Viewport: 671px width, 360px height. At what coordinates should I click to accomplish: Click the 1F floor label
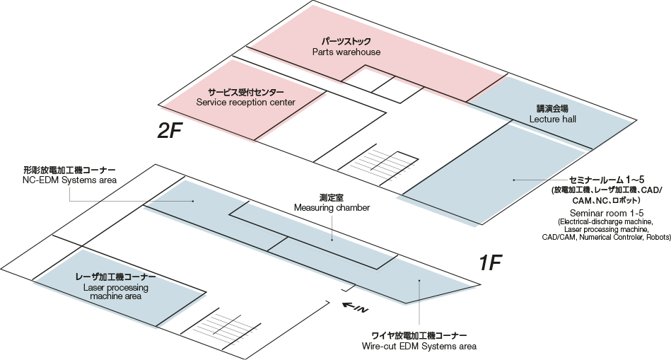490,264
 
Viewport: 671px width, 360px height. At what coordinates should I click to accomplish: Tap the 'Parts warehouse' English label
346,52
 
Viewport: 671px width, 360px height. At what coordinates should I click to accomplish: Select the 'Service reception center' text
245,103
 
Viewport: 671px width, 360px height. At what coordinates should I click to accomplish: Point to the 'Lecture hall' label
552,120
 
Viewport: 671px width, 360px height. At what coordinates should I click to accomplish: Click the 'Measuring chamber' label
332,207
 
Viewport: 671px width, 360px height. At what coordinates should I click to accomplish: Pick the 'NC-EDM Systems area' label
69,180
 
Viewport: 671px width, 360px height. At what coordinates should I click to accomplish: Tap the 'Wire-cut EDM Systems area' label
419,347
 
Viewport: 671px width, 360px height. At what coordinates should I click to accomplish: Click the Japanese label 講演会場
552,109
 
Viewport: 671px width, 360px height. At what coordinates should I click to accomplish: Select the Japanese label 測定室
331,197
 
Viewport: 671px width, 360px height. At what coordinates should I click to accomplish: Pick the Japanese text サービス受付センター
245,92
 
